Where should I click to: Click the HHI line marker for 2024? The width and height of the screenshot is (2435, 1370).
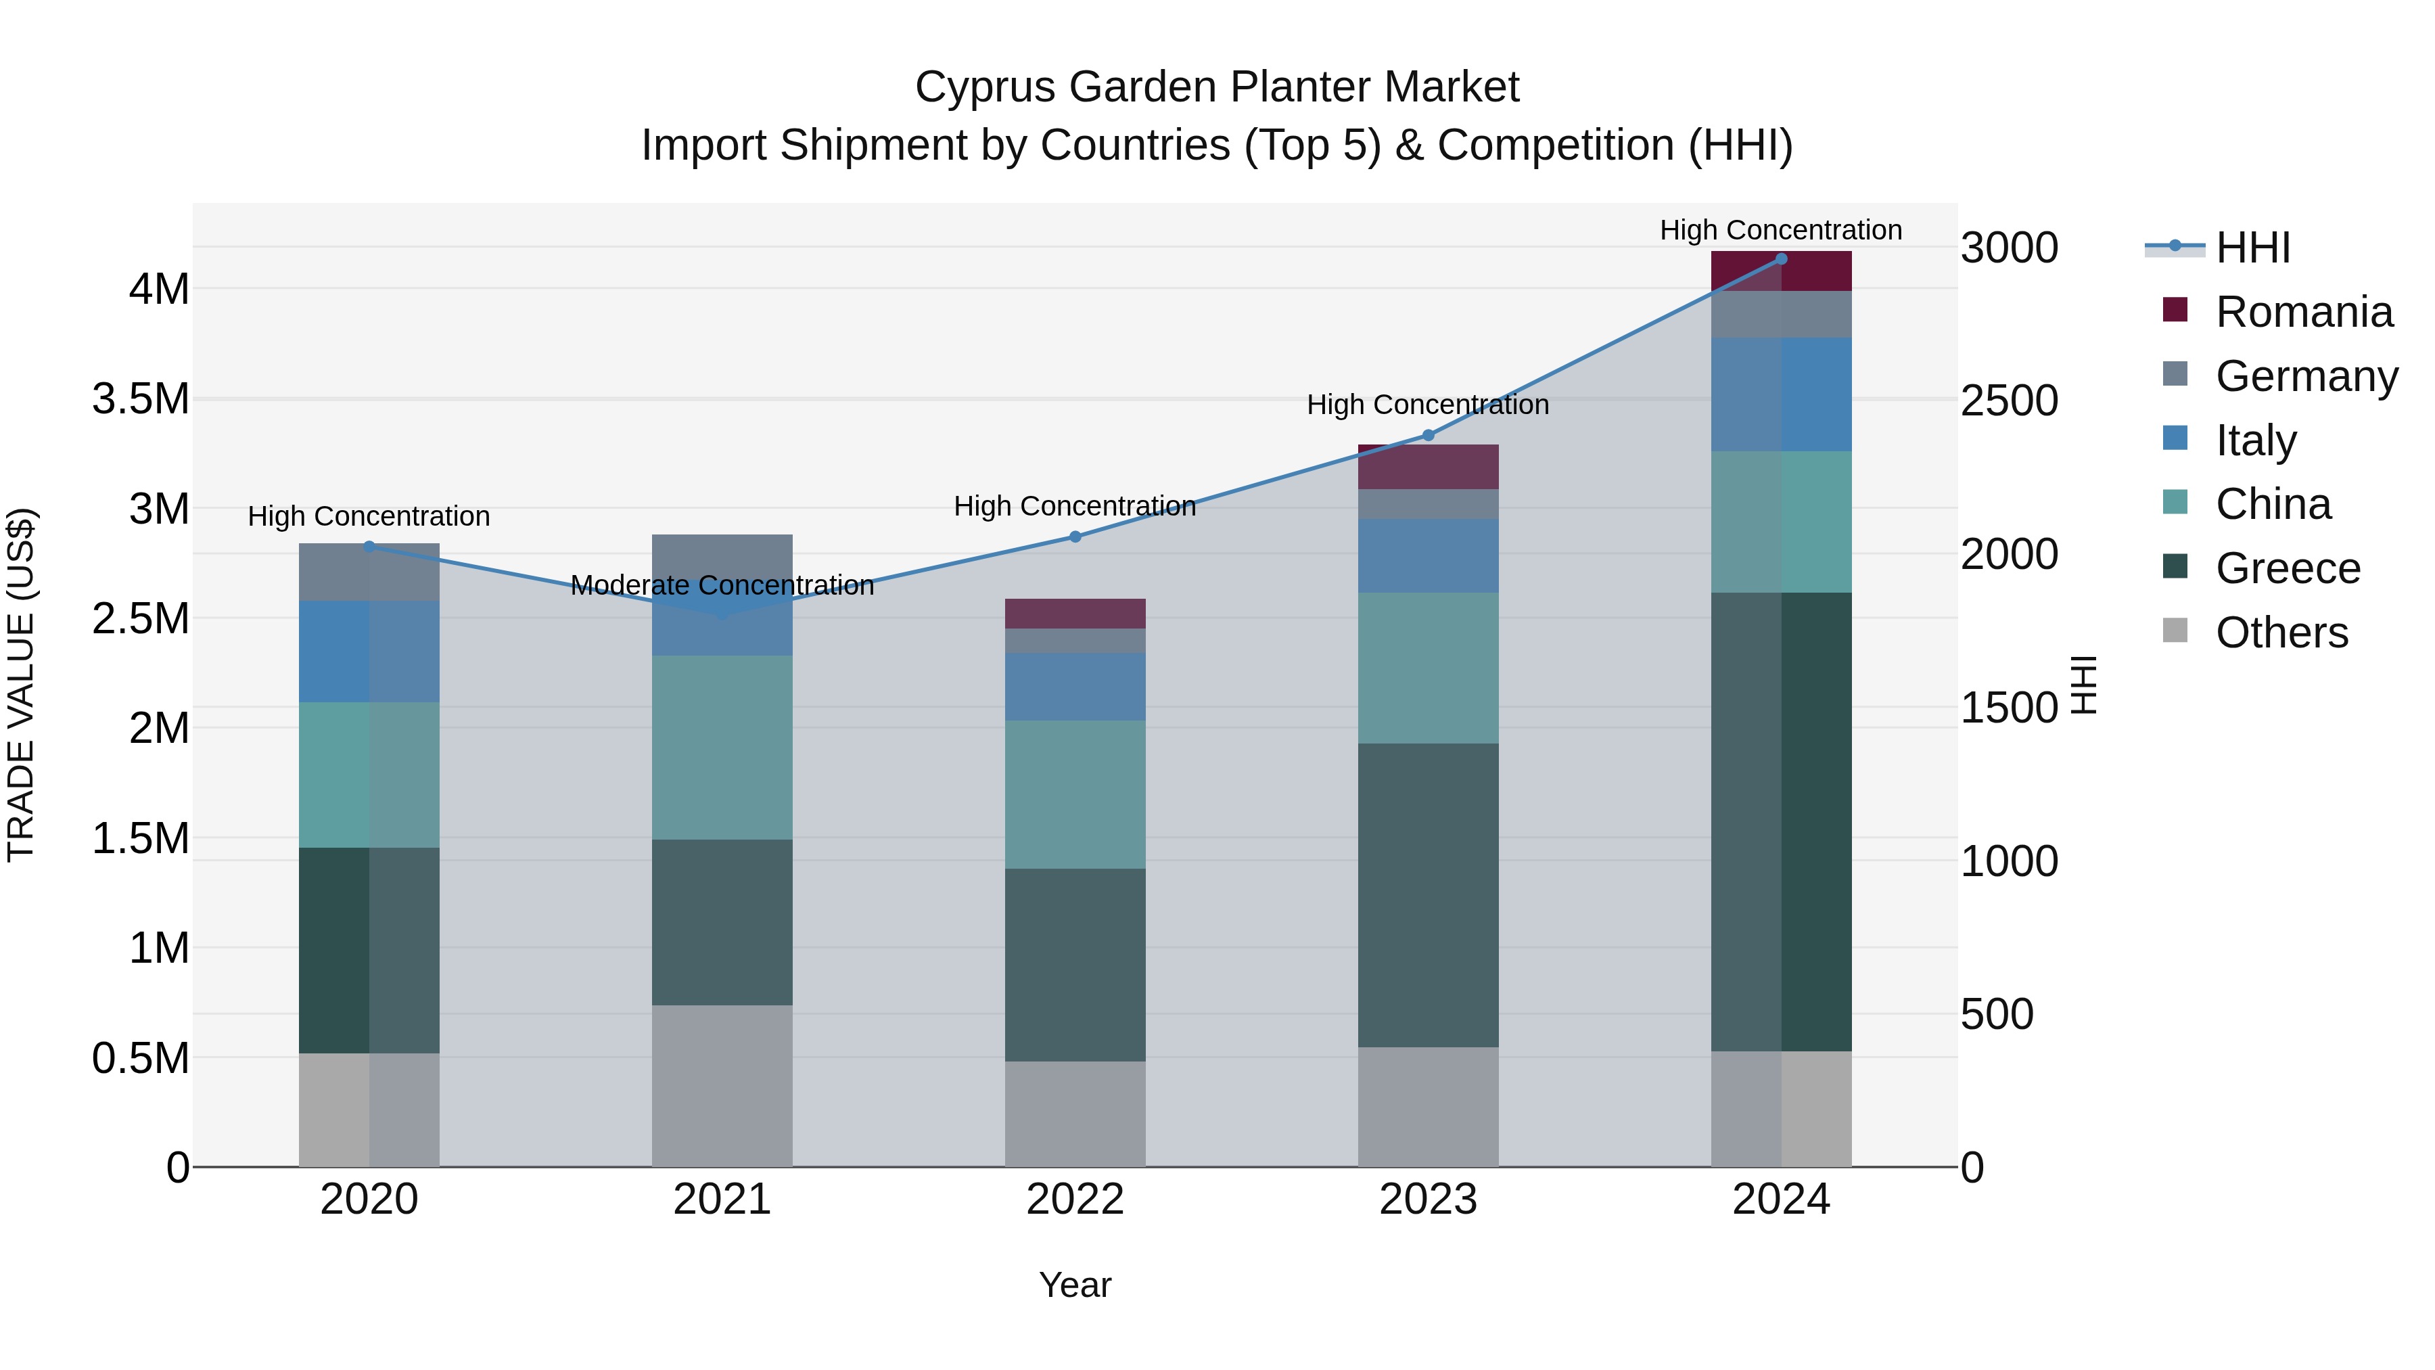point(1781,258)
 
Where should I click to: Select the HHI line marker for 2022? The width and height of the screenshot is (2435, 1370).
point(1075,537)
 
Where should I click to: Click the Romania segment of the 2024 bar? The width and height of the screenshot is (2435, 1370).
point(1781,271)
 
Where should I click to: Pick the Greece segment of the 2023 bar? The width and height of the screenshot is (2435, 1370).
point(1429,894)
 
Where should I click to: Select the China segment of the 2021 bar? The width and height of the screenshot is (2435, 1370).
point(722,747)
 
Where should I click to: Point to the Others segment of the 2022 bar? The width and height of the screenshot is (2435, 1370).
point(1075,1114)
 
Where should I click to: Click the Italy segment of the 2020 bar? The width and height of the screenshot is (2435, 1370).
point(369,652)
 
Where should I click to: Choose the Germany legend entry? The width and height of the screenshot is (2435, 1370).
point(2306,376)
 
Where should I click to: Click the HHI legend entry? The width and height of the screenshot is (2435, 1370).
point(2252,248)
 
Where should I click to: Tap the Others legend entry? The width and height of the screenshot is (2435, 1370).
point(2281,633)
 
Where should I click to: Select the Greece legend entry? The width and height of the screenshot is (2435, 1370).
point(2288,568)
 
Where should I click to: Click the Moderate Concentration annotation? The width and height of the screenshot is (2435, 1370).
point(722,585)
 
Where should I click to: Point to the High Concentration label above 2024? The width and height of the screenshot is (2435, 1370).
point(1781,230)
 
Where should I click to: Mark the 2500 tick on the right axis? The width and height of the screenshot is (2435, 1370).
point(2009,401)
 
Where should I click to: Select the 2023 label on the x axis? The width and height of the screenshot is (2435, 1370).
point(1429,1200)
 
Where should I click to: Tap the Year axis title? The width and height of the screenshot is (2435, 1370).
point(1075,1285)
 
